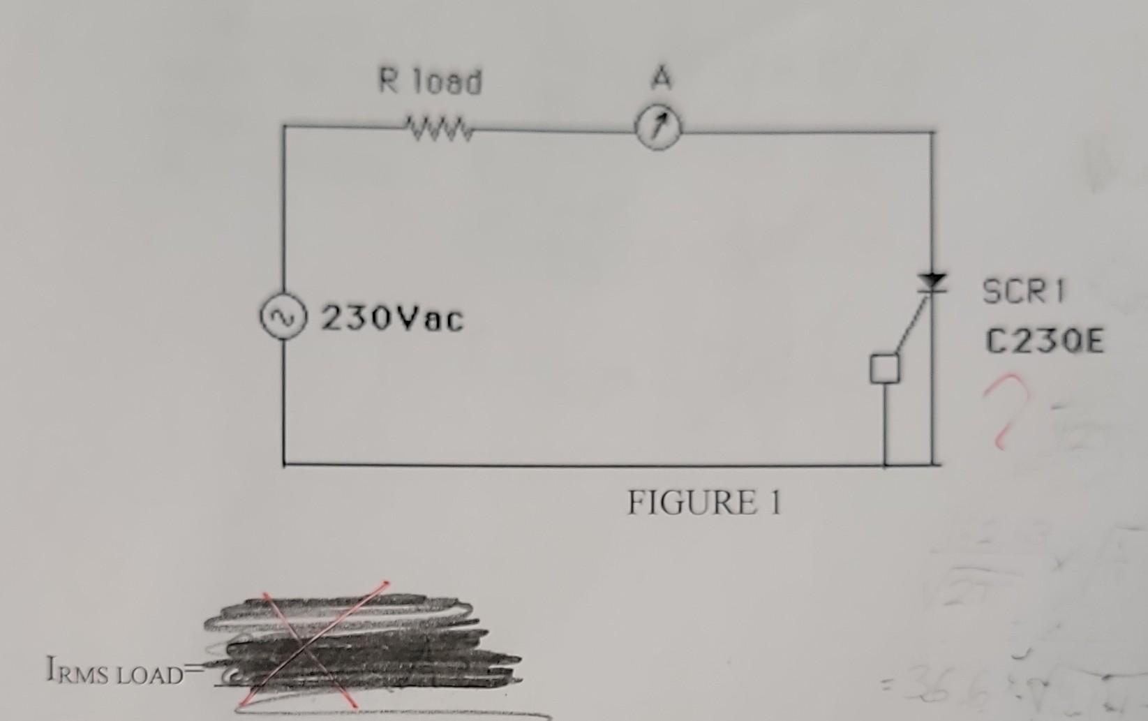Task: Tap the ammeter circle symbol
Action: pyautogui.click(x=658, y=131)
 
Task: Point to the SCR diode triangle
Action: pyautogui.click(x=932, y=282)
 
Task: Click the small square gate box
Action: pyautogui.click(x=884, y=368)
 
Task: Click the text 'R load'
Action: pyautogui.click(x=430, y=82)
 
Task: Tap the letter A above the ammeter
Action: pyautogui.click(x=660, y=77)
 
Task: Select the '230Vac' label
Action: pyautogui.click(x=392, y=320)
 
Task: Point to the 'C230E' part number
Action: pyautogui.click(x=1045, y=342)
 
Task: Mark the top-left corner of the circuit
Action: pyautogui.click(x=284, y=126)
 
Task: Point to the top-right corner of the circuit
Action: pyautogui.click(x=932, y=131)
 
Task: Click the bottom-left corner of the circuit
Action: pyautogui.click(x=284, y=463)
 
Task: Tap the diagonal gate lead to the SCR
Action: pyautogui.click(x=911, y=324)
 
